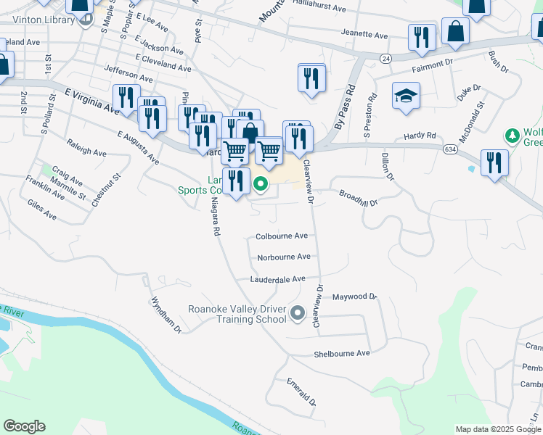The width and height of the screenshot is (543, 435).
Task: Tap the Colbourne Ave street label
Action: (282, 236)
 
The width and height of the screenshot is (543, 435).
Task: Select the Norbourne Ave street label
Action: (283, 257)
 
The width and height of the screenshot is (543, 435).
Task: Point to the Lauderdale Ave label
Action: (277, 279)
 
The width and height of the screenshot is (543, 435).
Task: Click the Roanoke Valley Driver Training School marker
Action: (297, 313)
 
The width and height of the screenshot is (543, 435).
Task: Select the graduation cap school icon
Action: (406, 95)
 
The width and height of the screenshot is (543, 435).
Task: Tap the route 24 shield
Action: (385, 58)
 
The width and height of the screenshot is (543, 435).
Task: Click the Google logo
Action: (24, 426)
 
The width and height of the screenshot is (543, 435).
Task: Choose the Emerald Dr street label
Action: (302, 391)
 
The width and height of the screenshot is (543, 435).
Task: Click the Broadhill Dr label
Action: (359, 198)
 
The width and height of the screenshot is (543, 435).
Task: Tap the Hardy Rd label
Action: (420, 136)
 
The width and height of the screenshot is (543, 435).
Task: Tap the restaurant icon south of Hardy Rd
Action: (494, 162)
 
